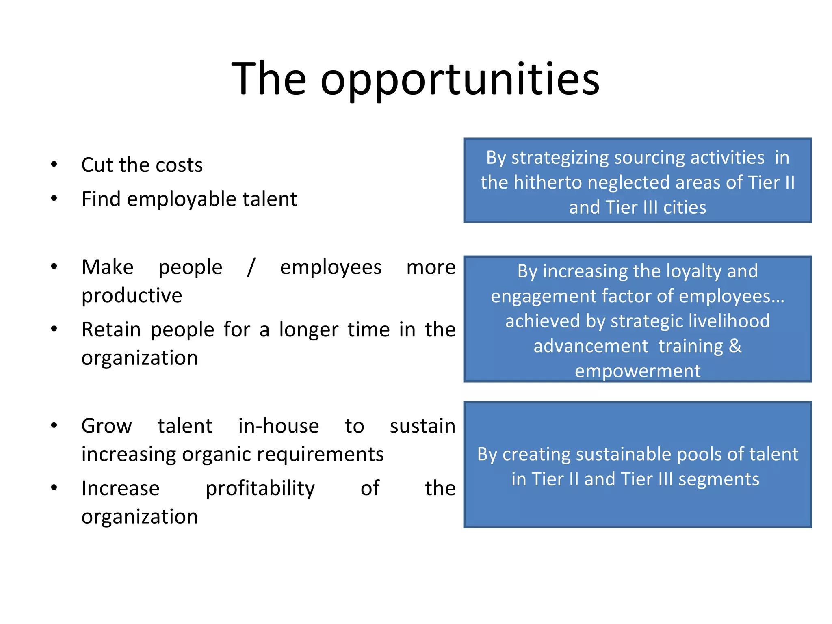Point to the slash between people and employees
pyautogui.click(x=251, y=267)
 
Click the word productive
pyautogui.click(x=132, y=296)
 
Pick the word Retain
pyautogui.click(x=111, y=329)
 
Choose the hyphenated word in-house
pyautogui.click(x=278, y=426)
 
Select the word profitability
pyautogui.click(x=260, y=489)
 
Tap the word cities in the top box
pyautogui.click(x=685, y=208)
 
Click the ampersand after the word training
pyautogui.click(x=735, y=346)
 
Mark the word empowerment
pyautogui.click(x=637, y=371)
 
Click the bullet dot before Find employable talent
pyautogui.click(x=54, y=199)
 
